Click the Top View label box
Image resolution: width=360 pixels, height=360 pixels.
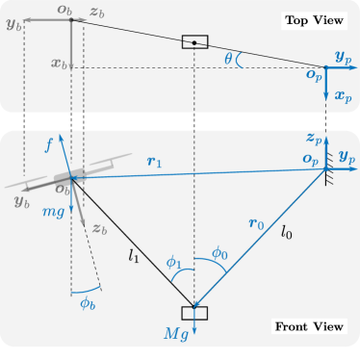(x=314, y=20)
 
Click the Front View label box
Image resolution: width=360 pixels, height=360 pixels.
(x=308, y=327)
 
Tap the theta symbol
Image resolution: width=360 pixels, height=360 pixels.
(x=228, y=60)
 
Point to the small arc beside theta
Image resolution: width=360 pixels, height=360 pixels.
(x=239, y=61)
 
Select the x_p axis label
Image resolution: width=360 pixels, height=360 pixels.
(x=344, y=96)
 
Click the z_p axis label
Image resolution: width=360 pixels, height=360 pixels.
(x=314, y=138)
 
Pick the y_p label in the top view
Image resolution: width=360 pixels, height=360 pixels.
(x=343, y=58)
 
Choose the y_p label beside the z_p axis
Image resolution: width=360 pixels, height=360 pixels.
(x=347, y=157)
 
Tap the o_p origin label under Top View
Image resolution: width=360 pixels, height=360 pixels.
(x=315, y=74)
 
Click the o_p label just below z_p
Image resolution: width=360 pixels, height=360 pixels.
(x=310, y=159)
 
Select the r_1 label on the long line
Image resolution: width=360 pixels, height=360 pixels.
(x=154, y=162)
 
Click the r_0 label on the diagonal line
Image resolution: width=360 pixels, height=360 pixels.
(x=256, y=224)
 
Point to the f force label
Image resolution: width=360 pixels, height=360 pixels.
(x=49, y=145)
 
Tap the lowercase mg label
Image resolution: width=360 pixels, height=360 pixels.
(x=53, y=212)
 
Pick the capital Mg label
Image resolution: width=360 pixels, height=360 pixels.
(x=175, y=334)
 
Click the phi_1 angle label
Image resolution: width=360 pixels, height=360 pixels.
(x=173, y=262)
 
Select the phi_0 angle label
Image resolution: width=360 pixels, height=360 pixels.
(x=219, y=253)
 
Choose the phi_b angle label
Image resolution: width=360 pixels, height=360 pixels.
(x=88, y=304)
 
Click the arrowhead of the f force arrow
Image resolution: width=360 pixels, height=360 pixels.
(x=61, y=138)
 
